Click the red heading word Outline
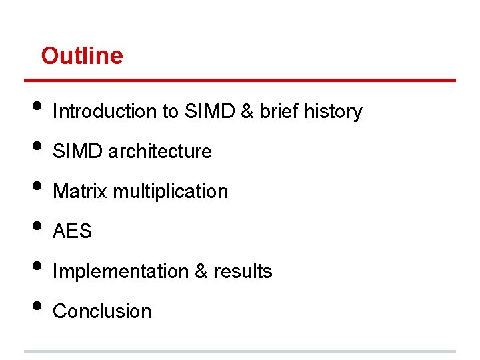pyautogui.click(x=82, y=56)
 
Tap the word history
pyautogui.click(x=333, y=111)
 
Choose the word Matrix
pyautogui.click(x=80, y=191)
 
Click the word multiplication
pyautogui.click(x=171, y=192)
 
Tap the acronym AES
pyautogui.click(x=72, y=231)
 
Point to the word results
pyautogui.click(x=243, y=271)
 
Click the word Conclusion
pyautogui.click(x=102, y=311)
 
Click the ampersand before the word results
pyautogui.click(x=201, y=271)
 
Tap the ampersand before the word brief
pyautogui.click(x=247, y=111)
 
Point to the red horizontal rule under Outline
pyautogui.click(x=240, y=81)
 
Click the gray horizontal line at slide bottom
pyautogui.click(x=240, y=351)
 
